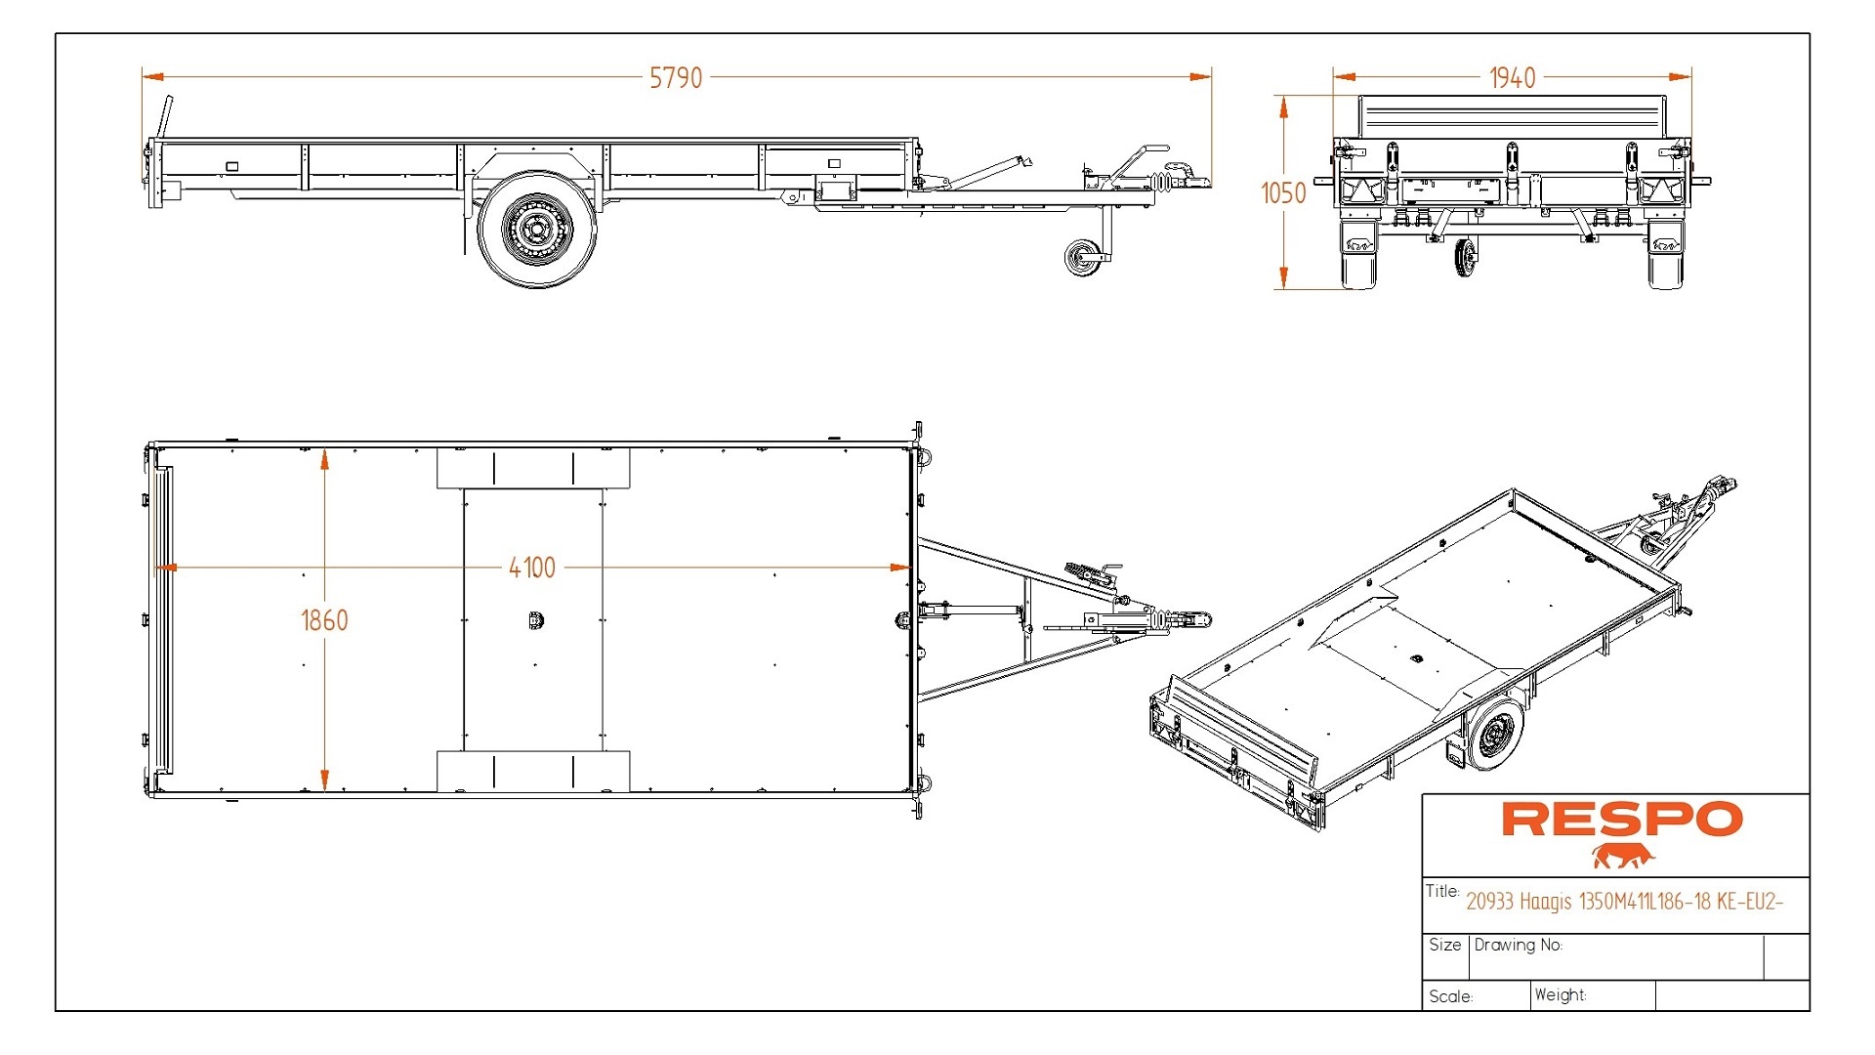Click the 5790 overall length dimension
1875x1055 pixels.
point(676,78)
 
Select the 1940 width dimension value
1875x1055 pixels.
point(1512,78)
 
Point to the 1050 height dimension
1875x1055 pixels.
point(1283,193)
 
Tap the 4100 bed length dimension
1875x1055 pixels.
point(532,568)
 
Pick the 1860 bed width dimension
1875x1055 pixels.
point(324,620)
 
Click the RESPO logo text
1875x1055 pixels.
point(1621,820)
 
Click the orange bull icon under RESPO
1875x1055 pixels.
point(1622,857)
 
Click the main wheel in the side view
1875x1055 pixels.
point(535,231)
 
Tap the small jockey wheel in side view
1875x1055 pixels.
point(1083,259)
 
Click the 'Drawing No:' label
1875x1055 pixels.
point(1518,945)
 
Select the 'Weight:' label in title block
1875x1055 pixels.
point(1560,994)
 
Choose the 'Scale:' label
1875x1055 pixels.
point(1450,996)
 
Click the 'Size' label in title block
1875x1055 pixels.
point(1444,945)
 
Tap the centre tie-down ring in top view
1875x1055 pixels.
point(535,620)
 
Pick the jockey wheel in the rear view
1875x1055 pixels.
point(1465,257)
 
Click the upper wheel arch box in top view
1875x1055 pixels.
point(533,468)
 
